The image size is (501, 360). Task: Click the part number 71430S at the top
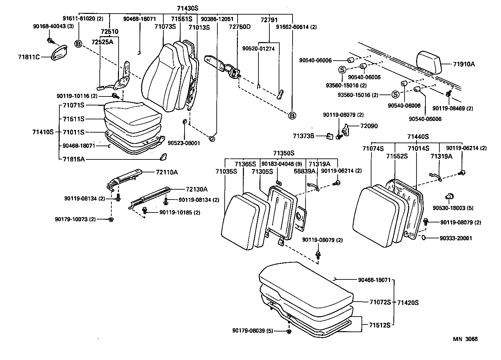187,8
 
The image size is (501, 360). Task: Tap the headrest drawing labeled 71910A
429,62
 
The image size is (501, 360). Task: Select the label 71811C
29,57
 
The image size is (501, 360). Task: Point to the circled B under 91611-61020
78,43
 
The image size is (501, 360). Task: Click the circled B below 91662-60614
292,115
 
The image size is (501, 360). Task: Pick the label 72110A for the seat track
167,172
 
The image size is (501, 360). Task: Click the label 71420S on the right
408,302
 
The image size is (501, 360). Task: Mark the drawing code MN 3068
465,339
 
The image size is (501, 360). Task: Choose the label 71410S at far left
43,132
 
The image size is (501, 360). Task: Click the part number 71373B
303,136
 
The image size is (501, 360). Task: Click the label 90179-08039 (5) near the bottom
252,330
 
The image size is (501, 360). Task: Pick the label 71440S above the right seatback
418,137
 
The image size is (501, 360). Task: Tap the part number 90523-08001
184,143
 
